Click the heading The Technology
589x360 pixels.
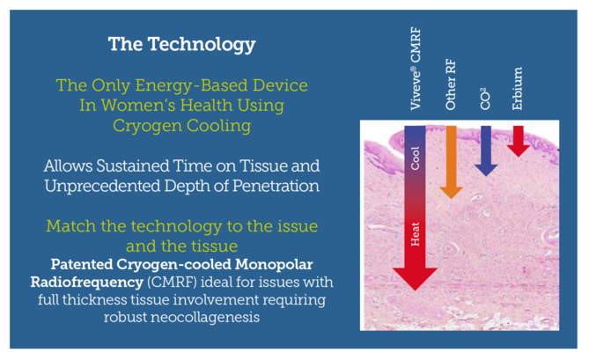tap(182, 45)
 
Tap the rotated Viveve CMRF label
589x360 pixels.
tap(416, 69)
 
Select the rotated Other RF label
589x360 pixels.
tap(450, 84)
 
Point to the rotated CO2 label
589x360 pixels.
tap(485, 99)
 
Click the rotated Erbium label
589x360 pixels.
tap(518, 89)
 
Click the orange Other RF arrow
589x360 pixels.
tap(451, 162)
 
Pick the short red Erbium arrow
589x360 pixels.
tap(519, 141)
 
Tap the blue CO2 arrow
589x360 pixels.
tap(486, 151)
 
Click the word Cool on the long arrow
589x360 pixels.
tap(415, 158)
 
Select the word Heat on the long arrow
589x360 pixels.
tap(415, 234)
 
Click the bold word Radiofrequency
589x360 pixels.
tap(87, 282)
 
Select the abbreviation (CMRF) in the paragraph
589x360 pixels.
tap(172, 283)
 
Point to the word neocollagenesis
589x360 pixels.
tap(205, 318)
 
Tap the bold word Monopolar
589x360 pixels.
tap(274, 264)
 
